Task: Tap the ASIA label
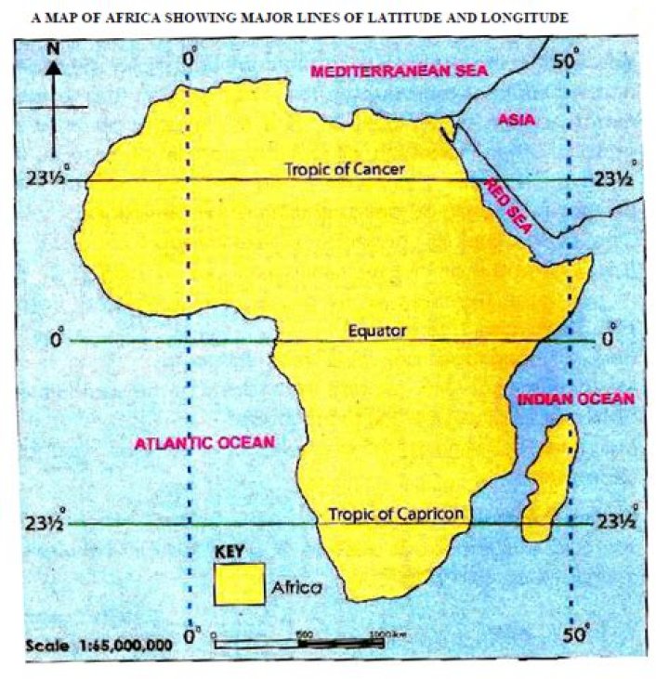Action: [513, 120]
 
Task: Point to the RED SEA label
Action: [507, 207]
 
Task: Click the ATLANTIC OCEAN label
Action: [206, 443]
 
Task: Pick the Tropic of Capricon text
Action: [395, 513]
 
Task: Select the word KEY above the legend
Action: [230, 551]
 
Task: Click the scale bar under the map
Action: [307, 643]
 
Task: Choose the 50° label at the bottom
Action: [576, 635]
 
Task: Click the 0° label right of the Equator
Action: [609, 340]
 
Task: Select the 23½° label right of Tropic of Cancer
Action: [616, 178]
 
